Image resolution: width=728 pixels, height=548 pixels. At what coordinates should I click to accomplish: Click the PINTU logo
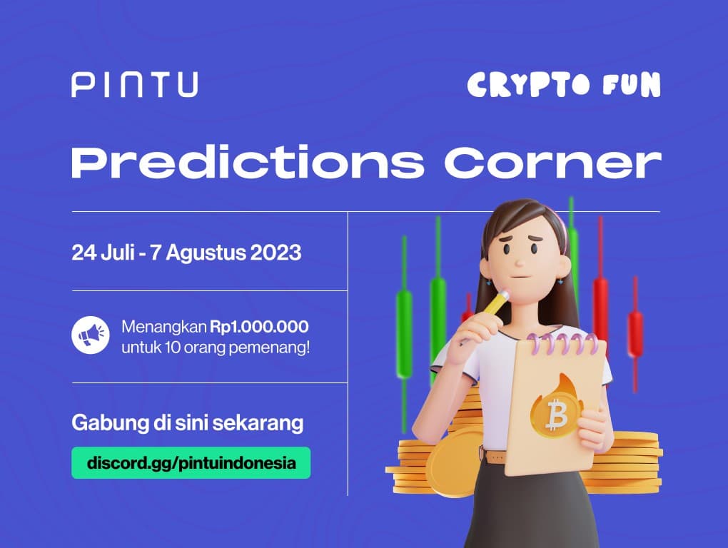(134, 85)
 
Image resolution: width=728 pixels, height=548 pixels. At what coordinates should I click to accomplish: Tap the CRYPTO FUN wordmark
(564, 85)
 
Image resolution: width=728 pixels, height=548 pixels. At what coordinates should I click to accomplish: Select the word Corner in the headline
(552, 164)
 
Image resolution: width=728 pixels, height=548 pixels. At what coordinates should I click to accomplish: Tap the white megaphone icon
(91, 334)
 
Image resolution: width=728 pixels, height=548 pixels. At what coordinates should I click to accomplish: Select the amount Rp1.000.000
(259, 327)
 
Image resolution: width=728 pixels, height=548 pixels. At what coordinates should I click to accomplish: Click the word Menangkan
(163, 327)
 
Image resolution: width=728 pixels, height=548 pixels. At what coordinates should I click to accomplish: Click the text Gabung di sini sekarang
(187, 422)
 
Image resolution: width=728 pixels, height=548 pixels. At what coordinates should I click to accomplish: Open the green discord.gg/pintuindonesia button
(191, 462)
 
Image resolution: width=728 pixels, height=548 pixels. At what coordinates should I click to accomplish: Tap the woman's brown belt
(494, 455)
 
